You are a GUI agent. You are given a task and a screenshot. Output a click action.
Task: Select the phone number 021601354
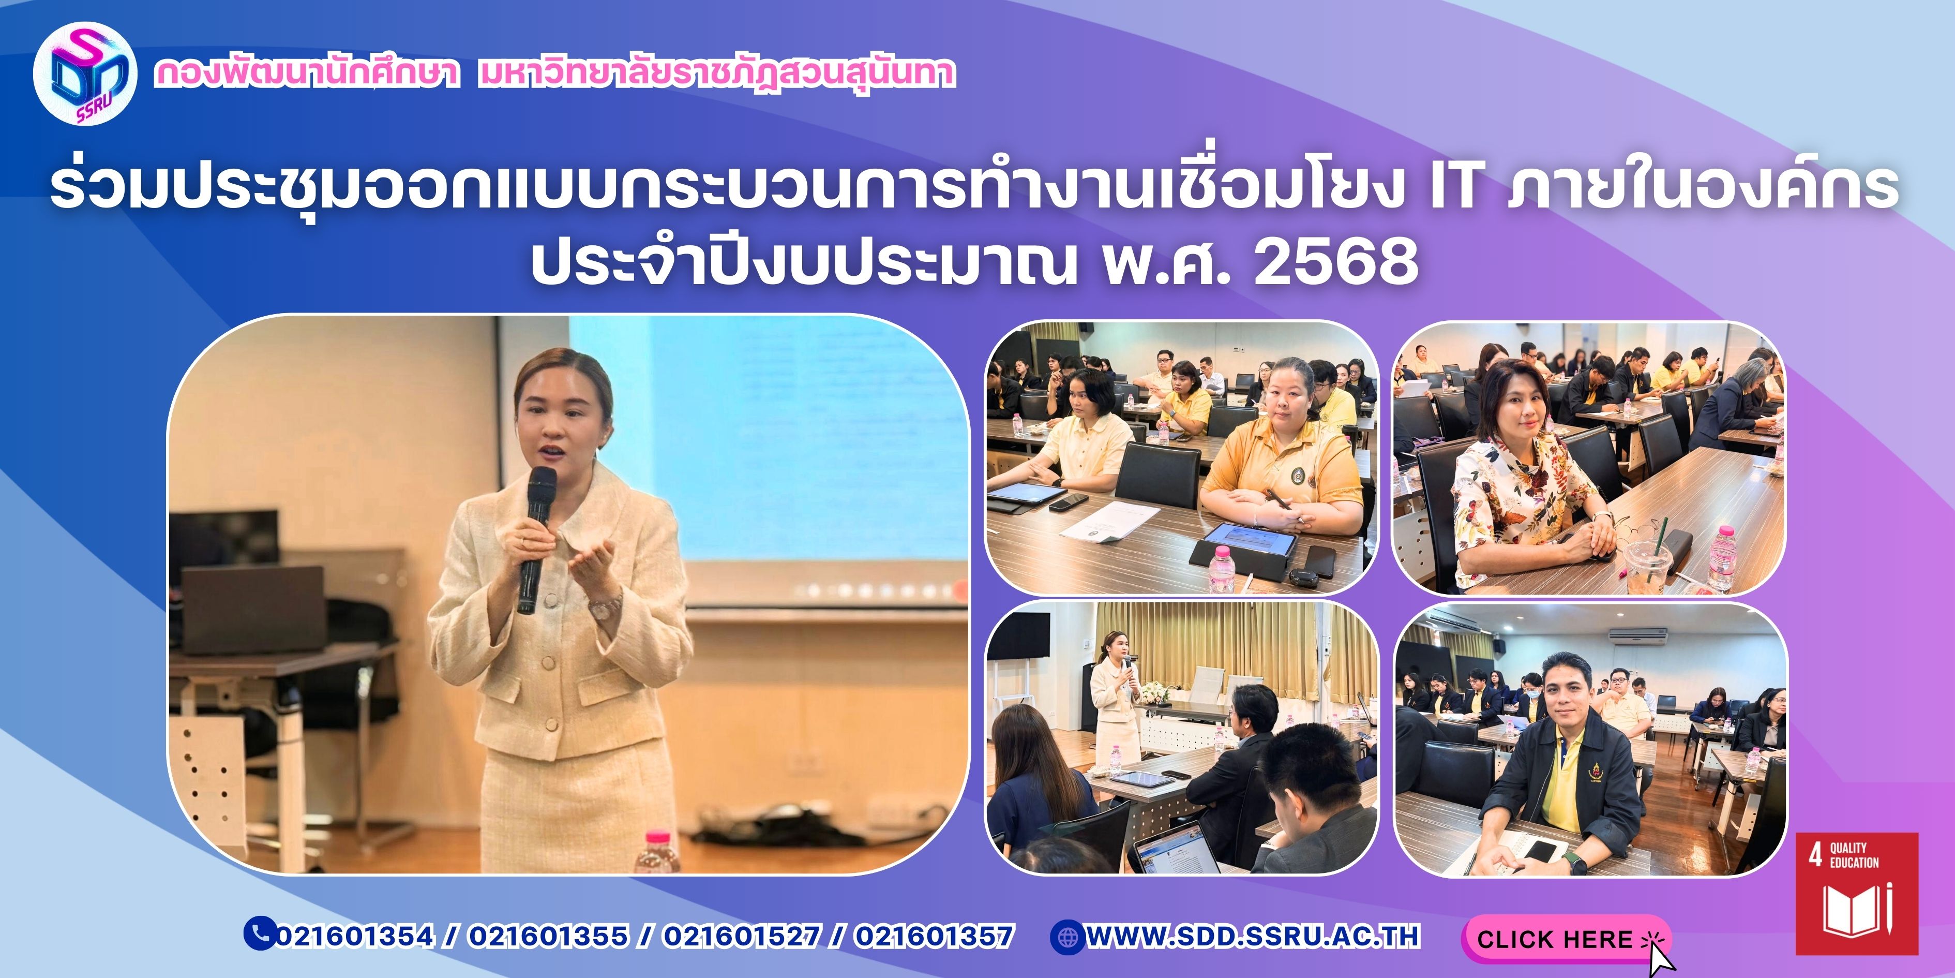click(x=354, y=936)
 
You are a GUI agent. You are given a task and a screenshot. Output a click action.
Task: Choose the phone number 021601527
click(x=742, y=936)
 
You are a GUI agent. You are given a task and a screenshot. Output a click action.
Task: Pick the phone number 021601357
click(x=934, y=936)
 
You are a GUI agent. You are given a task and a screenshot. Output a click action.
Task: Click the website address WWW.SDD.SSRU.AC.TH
click(x=1252, y=936)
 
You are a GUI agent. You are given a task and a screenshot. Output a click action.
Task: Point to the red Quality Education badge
click(x=1856, y=893)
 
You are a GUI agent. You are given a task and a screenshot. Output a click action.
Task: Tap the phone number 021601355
click(x=548, y=936)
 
